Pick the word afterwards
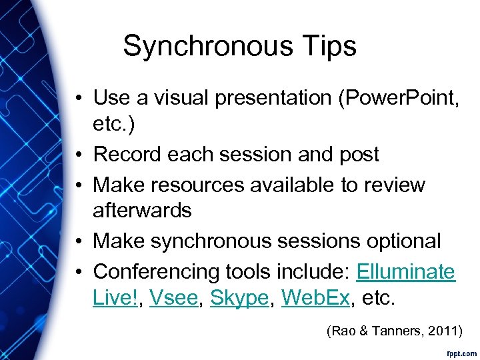pyautogui.click(x=142, y=211)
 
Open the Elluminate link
pyautogui.click(x=405, y=272)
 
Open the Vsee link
pyautogui.click(x=173, y=298)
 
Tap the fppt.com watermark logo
pyautogui.click(x=461, y=351)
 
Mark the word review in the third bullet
pyautogui.click(x=394, y=185)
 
